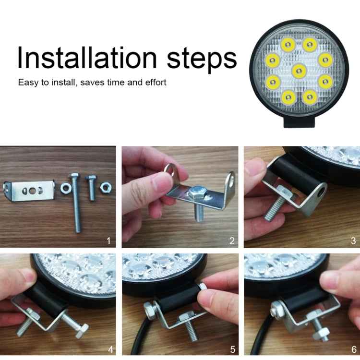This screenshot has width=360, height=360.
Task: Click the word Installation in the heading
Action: click(87, 58)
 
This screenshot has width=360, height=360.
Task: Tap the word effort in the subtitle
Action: click(156, 82)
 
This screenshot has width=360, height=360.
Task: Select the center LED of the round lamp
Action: click(299, 71)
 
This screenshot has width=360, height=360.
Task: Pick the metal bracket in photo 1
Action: click(29, 191)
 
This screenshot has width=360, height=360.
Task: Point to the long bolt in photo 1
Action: click(76, 203)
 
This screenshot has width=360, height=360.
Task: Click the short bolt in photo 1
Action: click(91, 187)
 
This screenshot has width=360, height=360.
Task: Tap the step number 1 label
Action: click(108, 241)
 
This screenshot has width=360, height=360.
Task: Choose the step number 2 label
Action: click(232, 241)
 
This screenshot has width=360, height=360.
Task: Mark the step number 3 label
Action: click(354, 241)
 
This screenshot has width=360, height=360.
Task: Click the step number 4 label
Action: click(110, 349)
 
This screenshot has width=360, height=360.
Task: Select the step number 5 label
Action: click(233, 349)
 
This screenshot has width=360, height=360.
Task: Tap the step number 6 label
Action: click(354, 349)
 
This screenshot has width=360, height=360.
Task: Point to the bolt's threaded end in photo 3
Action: click(272, 210)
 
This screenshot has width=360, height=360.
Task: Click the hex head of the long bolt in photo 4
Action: click(82, 330)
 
